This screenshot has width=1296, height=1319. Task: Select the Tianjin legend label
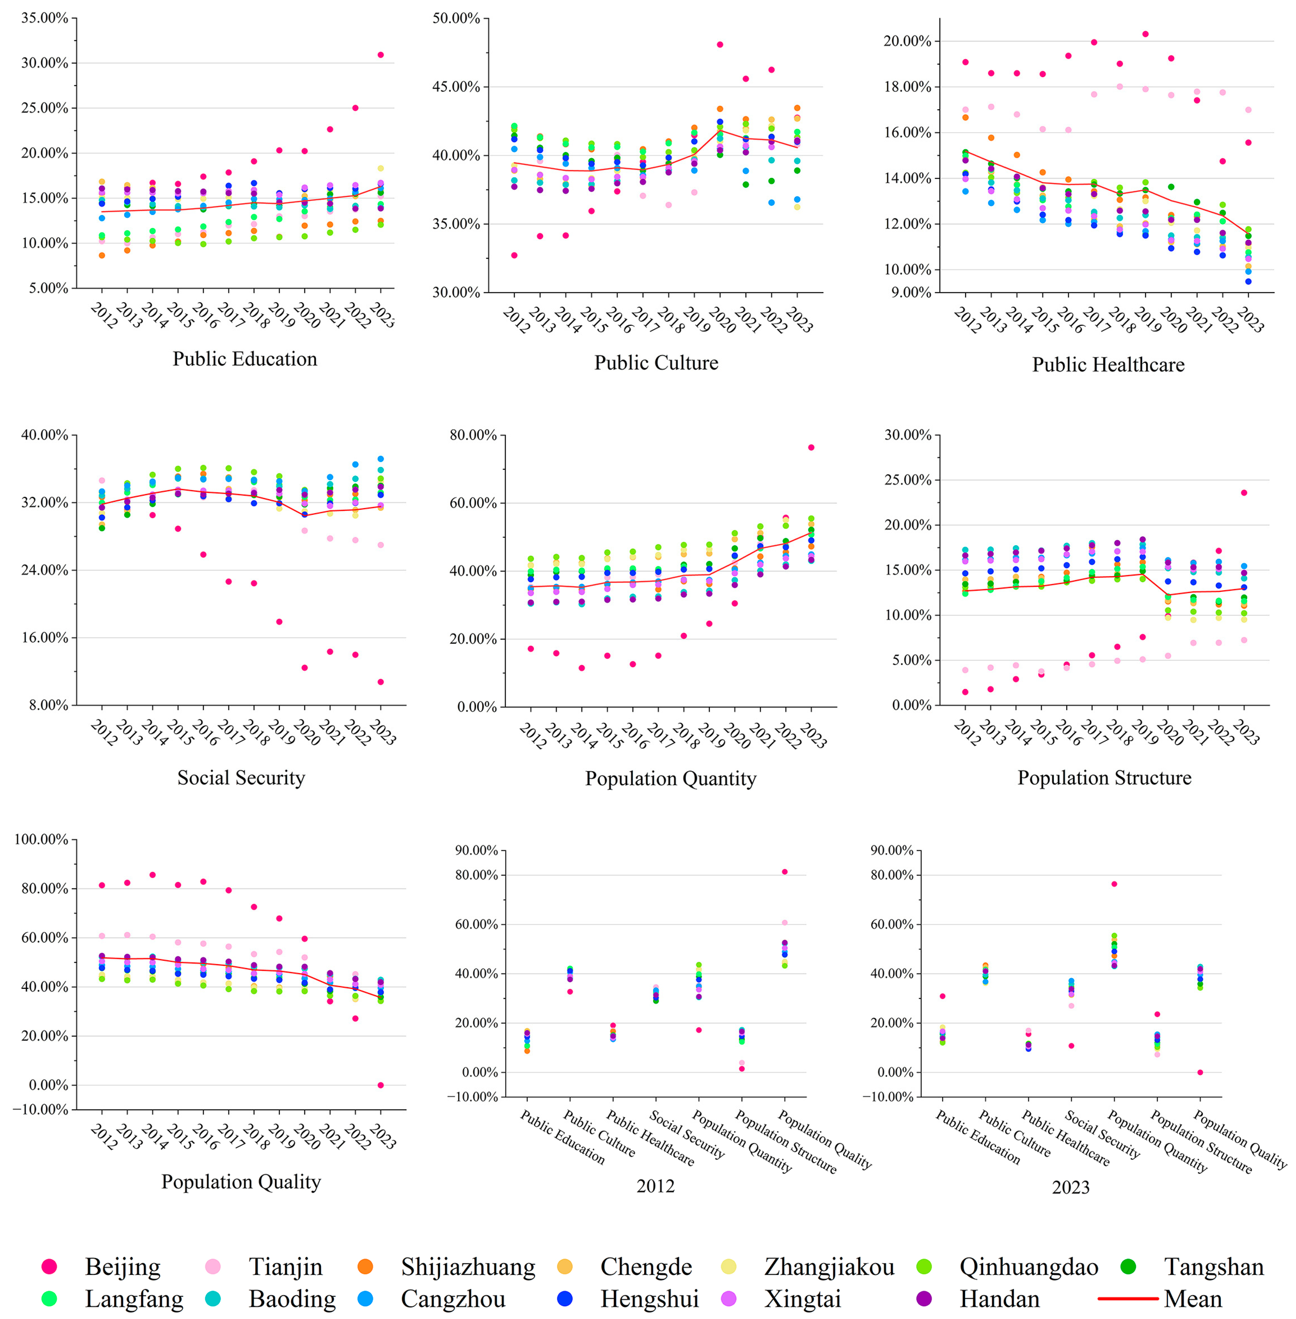point(285,1267)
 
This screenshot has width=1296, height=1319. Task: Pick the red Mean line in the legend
point(1128,1299)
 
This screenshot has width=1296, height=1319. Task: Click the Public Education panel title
point(244,359)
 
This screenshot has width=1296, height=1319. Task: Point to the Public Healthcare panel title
point(1108,365)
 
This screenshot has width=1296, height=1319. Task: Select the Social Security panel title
point(241,777)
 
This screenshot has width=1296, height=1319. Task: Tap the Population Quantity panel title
point(671,778)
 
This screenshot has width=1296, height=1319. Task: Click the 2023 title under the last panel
point(1071,1187)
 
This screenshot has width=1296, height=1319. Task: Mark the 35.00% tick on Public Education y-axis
point(45,18)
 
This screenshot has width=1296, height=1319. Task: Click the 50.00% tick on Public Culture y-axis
point(456,18)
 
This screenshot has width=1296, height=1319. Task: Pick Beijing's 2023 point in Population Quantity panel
point(811,447)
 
